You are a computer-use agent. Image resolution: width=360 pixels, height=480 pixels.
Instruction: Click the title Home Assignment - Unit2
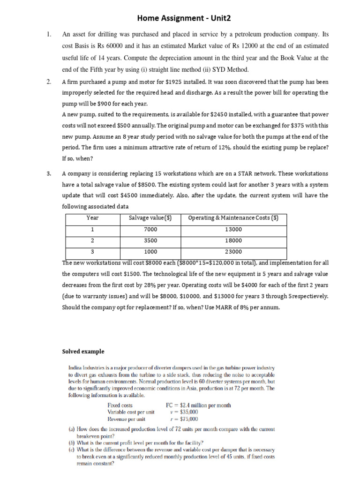coord(184,18)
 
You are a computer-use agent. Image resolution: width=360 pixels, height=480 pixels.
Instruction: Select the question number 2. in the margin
coord(49,82)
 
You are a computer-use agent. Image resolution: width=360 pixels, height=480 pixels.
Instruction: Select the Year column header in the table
coord(93,218)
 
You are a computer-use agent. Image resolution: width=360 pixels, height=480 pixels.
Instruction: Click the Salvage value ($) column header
coord(150,218)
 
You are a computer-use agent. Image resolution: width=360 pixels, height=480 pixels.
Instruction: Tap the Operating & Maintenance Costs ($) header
coord(233,218)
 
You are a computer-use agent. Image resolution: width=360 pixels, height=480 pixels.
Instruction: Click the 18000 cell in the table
coord(233,240)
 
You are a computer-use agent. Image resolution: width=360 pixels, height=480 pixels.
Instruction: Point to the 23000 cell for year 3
coord(233,252)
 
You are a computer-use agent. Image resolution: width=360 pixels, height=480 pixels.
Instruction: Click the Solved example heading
coord(83,352)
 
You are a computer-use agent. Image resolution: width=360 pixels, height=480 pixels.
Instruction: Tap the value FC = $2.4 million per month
coord(198,405)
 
